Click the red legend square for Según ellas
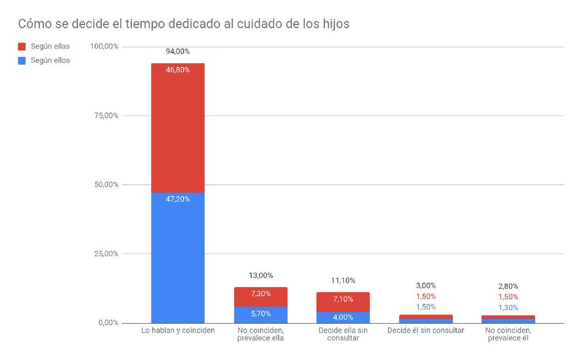22,47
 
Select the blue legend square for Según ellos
22,61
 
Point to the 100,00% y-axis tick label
104,47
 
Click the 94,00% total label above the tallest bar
178,51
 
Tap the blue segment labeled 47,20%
178,257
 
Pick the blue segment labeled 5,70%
260,314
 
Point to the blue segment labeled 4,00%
343,317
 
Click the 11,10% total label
343,280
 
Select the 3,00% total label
426,285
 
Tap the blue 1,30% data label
508,307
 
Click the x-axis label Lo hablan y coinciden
178,330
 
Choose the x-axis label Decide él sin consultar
426,330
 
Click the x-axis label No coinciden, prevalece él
508,334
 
